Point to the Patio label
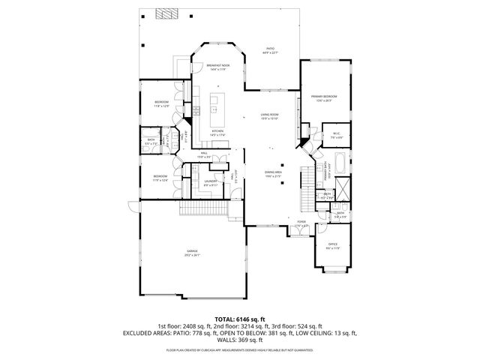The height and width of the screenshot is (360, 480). tap(269, 50)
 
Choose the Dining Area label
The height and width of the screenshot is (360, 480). tap(272, 173)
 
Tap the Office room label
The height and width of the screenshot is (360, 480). tap(333, 245)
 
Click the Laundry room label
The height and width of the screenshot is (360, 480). tap(211, 182)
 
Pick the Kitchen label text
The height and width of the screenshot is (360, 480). tap(217, 133)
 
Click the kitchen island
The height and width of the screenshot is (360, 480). tap(218, 109)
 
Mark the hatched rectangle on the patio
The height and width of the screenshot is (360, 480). tap(163, 13)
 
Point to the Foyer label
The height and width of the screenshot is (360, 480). tap(301, 223)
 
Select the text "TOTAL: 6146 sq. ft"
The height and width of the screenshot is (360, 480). tap(239, 319)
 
